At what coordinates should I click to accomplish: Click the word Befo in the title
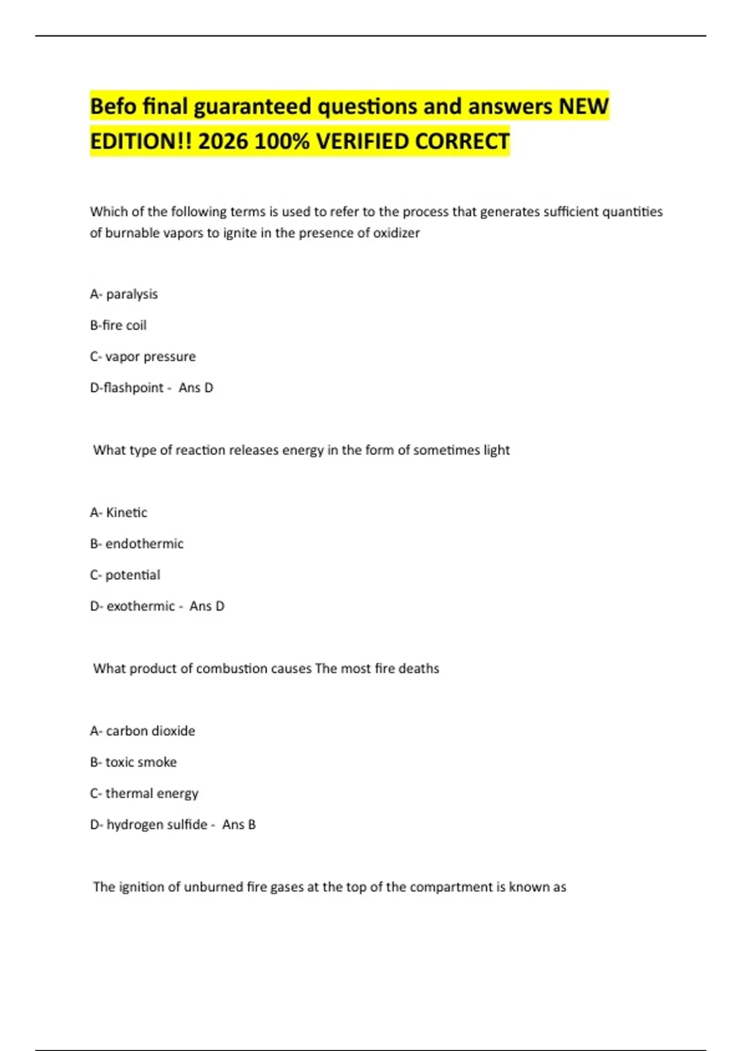point(113,106)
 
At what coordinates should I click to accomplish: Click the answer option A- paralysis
point(124,294)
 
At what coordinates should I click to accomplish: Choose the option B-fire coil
point(118,325)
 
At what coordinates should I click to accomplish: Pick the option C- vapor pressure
point(143,357)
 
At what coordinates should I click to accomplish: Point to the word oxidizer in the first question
point(396,233)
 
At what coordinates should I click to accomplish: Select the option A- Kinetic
point(119,513)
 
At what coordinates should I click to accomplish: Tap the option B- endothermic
point(137,544)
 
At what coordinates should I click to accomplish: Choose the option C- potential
point(125,575)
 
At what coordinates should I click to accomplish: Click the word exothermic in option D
point(140,606)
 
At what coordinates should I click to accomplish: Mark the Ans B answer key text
point(239,825)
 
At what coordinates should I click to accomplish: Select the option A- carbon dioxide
point(142,731)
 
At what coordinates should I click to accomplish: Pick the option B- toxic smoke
point(134,762)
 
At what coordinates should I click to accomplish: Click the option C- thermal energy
point(144,793)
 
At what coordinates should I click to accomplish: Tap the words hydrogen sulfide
point(156,825)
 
